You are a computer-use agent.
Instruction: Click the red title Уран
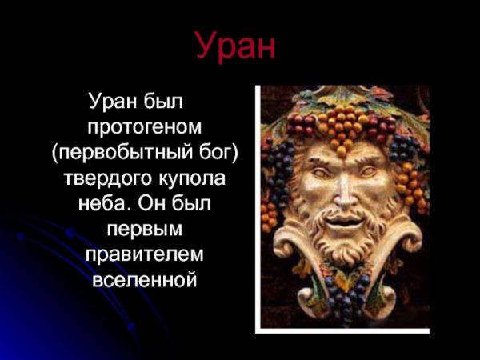236,47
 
